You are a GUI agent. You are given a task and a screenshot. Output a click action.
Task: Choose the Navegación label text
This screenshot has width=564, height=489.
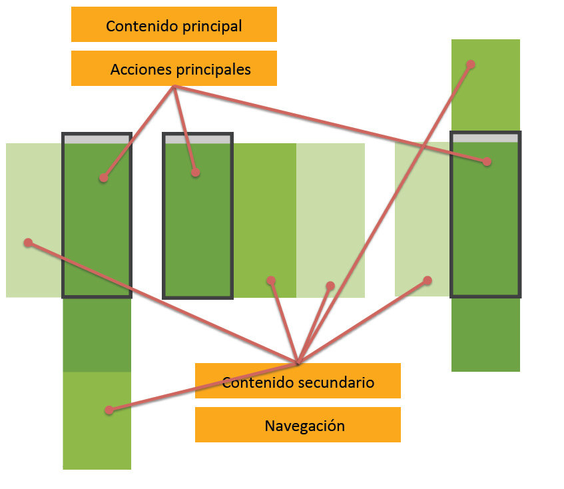click(305, 426)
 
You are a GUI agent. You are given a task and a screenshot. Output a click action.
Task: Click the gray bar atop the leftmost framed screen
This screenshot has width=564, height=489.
click(97, 139)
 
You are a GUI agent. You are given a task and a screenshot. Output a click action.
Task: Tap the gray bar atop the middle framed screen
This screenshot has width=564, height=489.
click(197, 139)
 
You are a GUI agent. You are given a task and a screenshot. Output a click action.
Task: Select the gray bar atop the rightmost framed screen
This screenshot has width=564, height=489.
click(485, 138)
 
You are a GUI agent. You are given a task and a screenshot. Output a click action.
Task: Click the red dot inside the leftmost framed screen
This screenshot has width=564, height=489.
click(103, 178)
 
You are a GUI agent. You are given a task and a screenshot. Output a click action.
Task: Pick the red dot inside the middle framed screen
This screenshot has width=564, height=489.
click(195, 172)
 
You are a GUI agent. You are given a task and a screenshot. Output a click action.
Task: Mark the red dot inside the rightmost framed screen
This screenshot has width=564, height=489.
click(487, 161)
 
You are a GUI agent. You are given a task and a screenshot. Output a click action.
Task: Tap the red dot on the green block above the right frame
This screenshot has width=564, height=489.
click(470, 65)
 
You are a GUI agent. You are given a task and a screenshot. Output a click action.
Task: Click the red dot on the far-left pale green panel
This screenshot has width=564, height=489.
click(28, 243)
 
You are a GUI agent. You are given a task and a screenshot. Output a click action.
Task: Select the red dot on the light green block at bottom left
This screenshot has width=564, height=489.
click(109, 410)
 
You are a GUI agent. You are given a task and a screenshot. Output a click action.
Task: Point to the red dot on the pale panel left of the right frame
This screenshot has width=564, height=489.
click(427, 280)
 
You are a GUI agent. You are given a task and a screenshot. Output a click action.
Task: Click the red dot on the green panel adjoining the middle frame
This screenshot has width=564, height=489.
click(271, 280)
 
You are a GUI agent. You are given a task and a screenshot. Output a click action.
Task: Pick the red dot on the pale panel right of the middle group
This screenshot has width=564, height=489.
click(330, 286)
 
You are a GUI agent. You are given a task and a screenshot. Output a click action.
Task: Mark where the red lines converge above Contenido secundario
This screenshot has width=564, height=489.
click(298, 362)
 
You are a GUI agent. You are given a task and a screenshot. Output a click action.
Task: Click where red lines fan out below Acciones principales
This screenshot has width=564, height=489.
click(174, 88)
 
